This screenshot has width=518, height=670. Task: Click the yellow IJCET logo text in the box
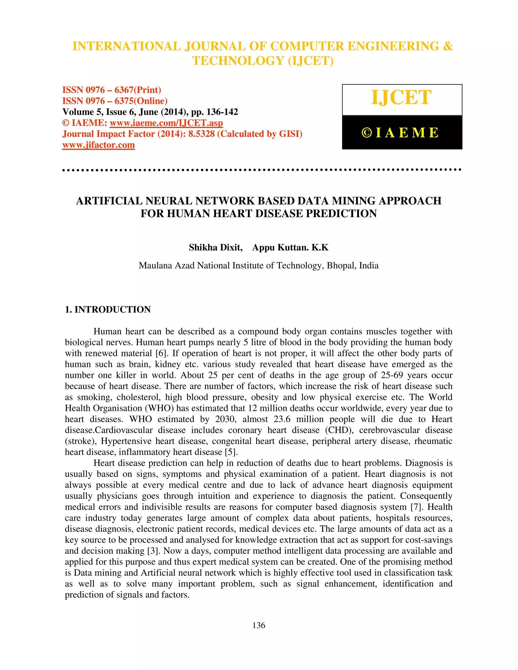[x=401, y=98]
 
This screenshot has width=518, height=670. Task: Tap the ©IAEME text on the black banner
[x=400, y=132]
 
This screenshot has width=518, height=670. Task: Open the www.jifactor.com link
[x=98, y=145]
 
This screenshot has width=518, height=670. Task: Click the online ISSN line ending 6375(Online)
[x=115, y=101]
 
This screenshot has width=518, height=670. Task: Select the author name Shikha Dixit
[x=215, y=247]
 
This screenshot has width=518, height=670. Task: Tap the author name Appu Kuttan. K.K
[x=290, y=247]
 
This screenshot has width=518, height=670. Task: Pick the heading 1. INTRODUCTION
[x=108, y=309]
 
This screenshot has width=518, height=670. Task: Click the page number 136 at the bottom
[x=259, y=625]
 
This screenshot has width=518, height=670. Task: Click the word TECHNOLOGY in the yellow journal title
[x=238, y=61]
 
